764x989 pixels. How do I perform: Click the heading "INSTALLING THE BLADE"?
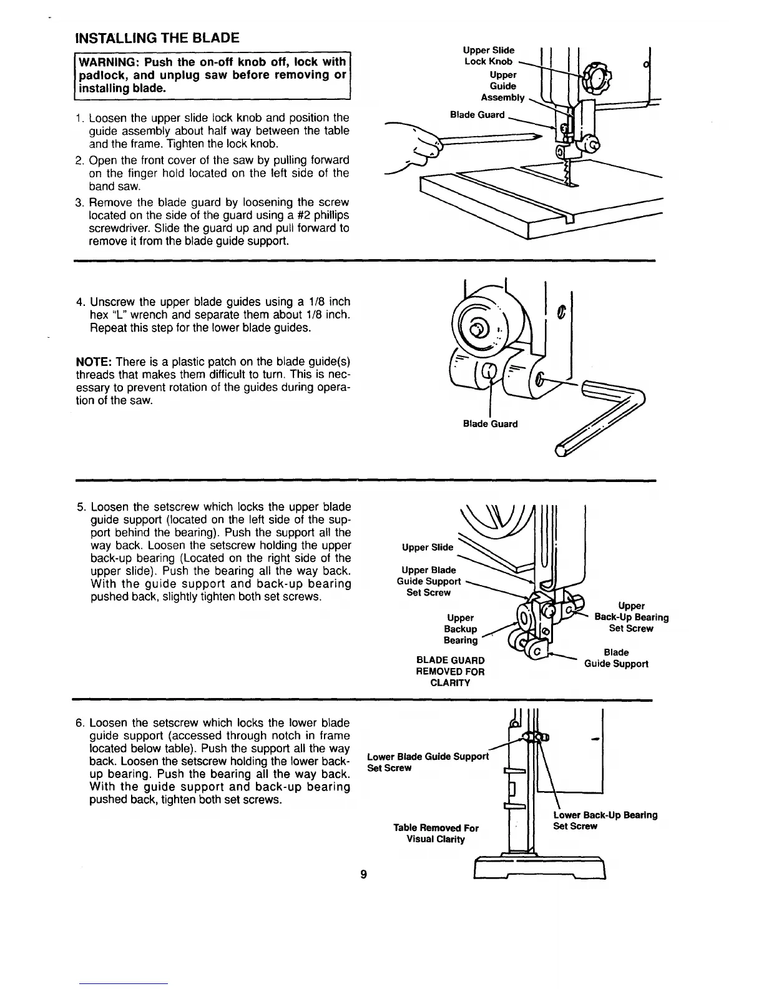click(157, 37)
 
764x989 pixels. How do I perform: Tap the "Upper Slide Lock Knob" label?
click(489, 56)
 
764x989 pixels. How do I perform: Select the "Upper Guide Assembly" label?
click(502, 86)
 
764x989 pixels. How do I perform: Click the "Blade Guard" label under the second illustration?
click(490, 424)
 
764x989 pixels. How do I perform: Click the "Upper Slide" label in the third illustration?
click(428, 548)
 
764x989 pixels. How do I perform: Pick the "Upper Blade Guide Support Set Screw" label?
click(429, 581)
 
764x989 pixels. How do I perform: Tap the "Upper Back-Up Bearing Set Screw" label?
click(631, 617)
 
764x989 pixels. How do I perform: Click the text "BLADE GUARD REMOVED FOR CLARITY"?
click(450, 671)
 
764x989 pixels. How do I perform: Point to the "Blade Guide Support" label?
click(616, 658)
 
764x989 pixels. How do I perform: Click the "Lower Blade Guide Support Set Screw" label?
click(428, 762)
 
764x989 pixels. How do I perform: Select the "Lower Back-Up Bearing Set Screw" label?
click(605, 820)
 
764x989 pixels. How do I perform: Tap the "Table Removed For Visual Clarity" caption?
click(436, 834)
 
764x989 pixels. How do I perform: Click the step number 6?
click(80, 723)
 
